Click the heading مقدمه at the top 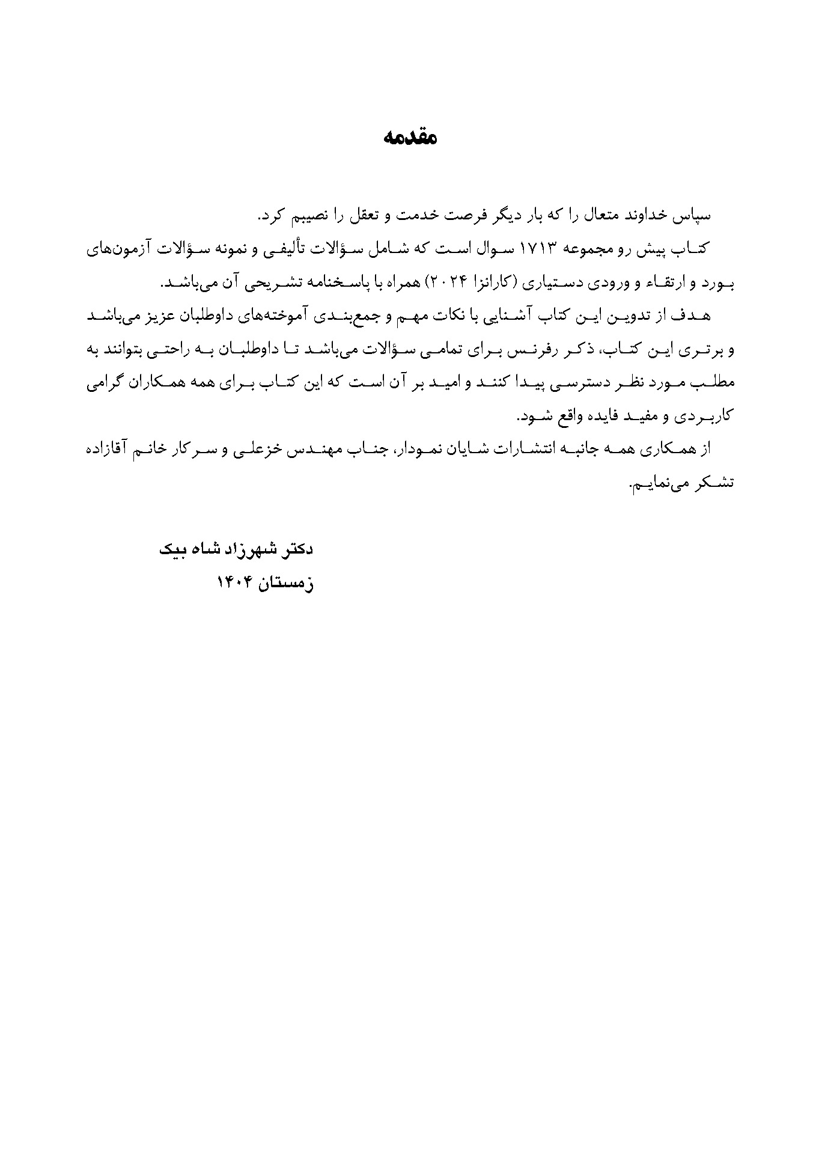(x=410, y=138)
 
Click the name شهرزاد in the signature (x=240, y=549)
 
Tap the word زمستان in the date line (x=282, y=582)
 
